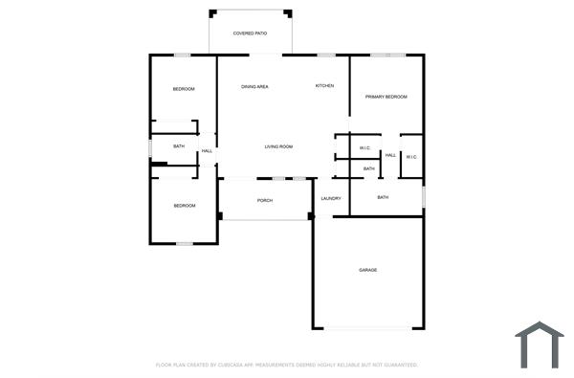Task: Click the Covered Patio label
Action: pos(250,33)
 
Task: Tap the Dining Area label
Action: pos(254,87)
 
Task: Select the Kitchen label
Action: pos(325,86)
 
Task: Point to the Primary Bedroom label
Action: pos(386,97)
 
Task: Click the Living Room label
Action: pos(278,146)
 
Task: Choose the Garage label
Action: pos(368,270)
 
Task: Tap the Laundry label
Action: pos(332,198)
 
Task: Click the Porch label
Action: pos(265,200)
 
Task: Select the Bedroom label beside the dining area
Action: pos(184,89)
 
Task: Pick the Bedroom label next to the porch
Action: pos(184,206)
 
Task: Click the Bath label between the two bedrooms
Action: pos(179,146)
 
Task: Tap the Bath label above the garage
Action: pos(383,197)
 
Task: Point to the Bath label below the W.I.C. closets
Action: pos(369,169)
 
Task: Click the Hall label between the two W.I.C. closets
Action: pos(390,155)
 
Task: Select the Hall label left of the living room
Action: pos(207,151)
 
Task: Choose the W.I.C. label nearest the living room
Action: pos(364,148)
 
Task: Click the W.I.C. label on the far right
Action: pos(411,156)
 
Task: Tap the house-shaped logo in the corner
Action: pos(540,345)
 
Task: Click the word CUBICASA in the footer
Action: pos(226,365)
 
